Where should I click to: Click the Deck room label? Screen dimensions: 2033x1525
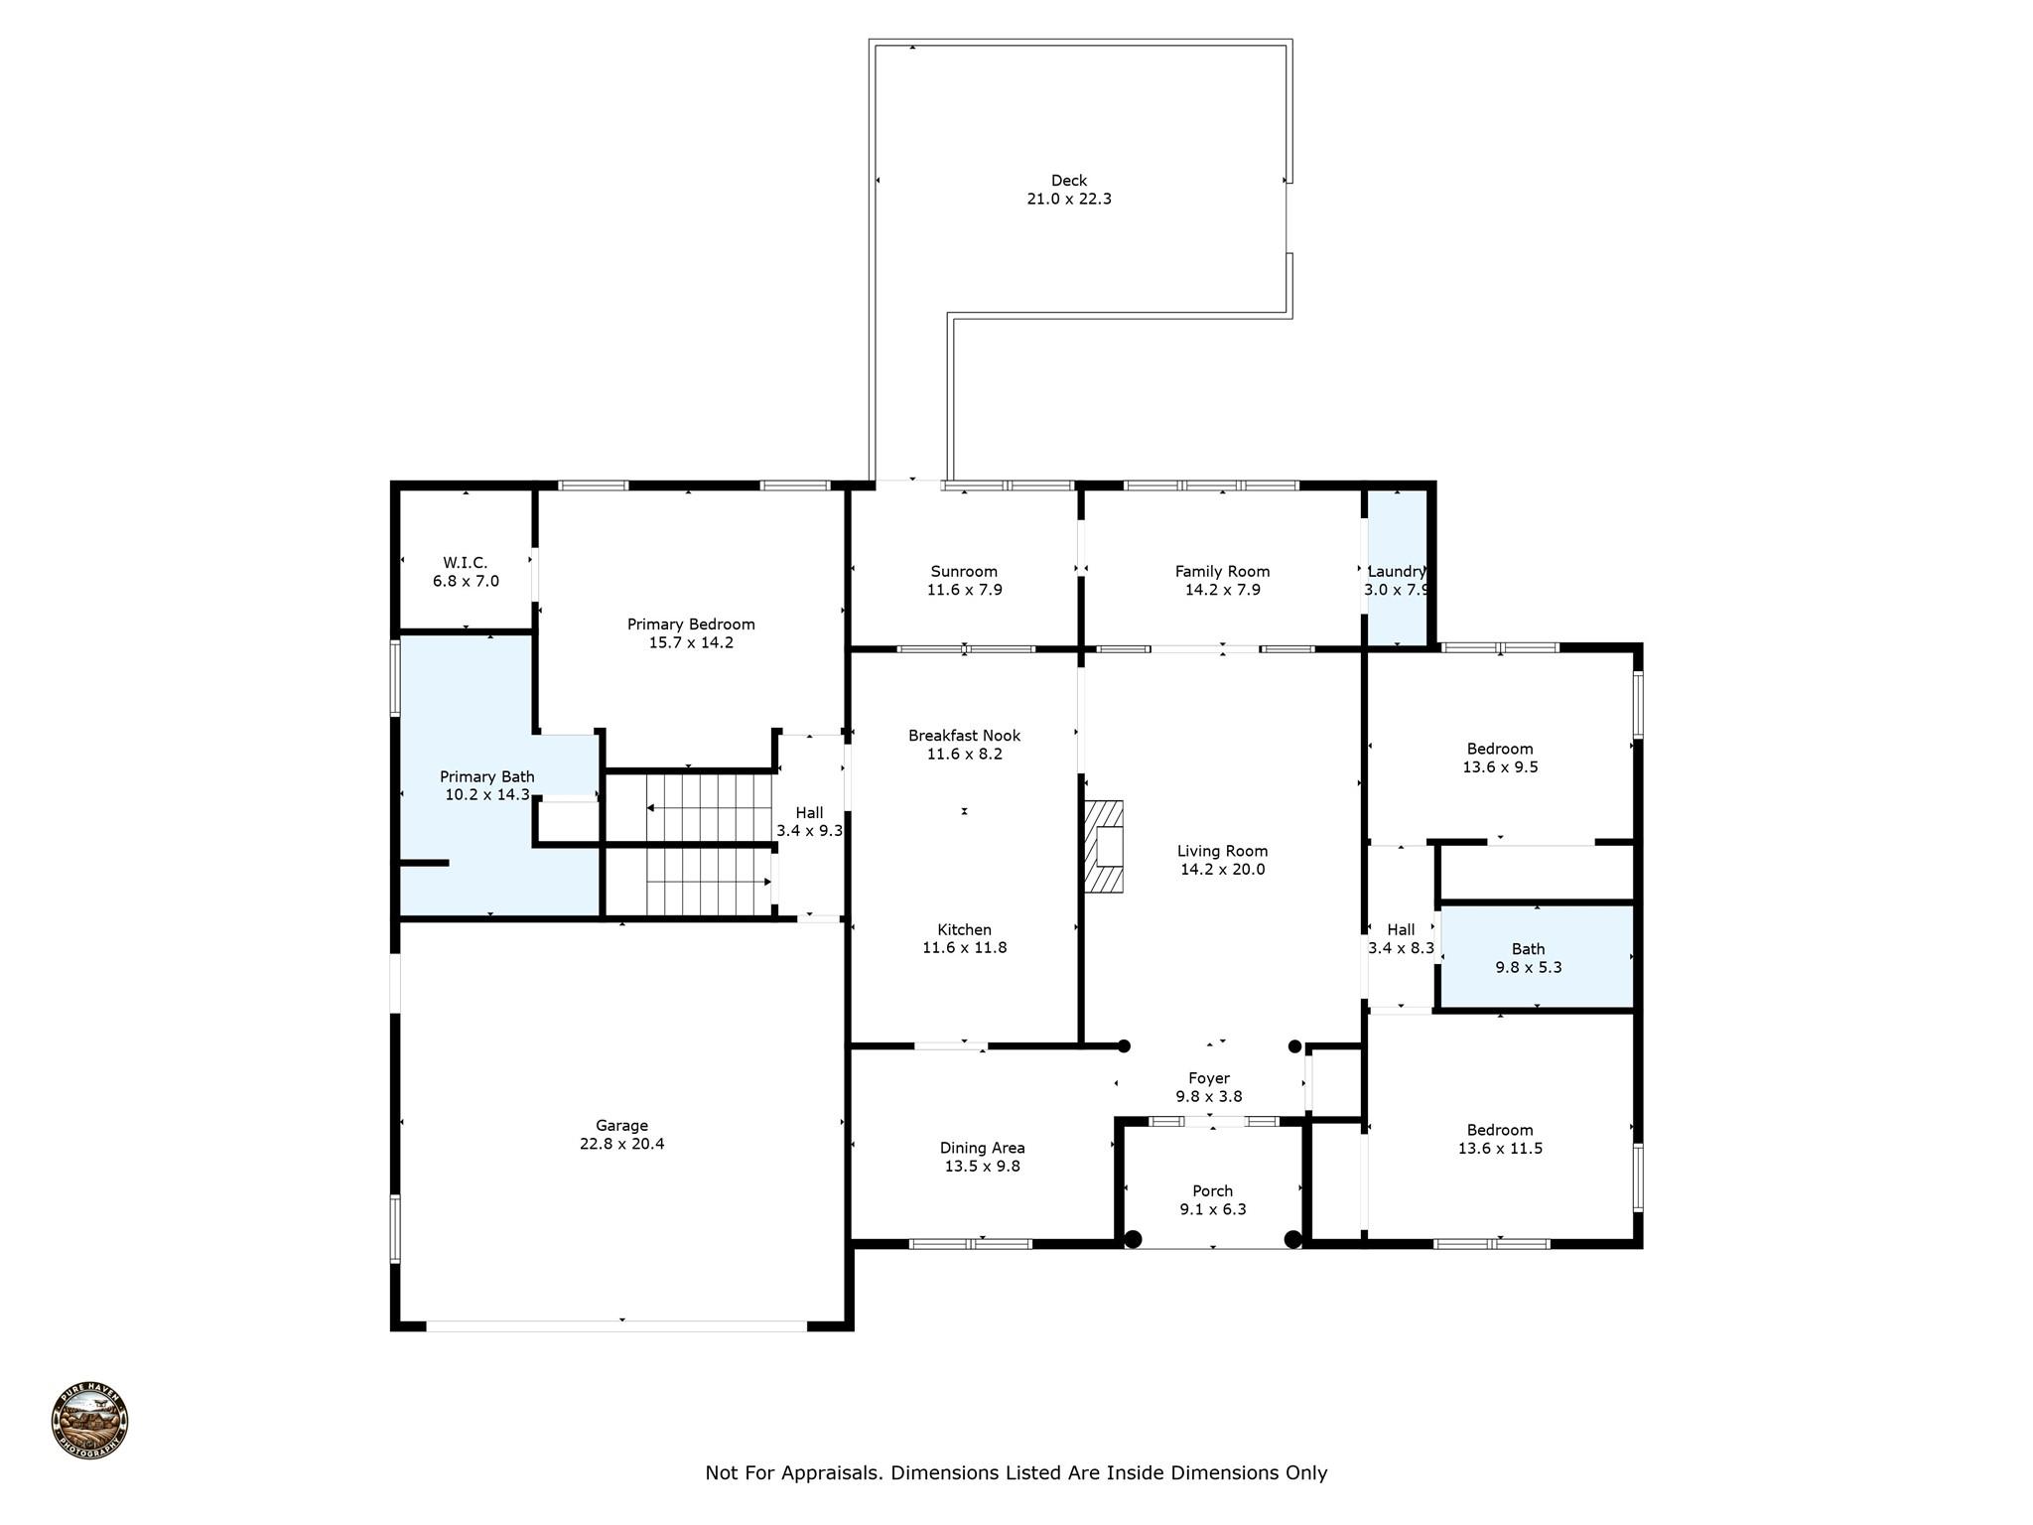(1069, 181)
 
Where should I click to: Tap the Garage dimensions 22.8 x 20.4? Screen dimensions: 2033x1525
(622, 1144)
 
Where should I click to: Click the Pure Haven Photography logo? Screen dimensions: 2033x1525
(89, 1421)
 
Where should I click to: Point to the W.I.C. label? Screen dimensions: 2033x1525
(466, 563)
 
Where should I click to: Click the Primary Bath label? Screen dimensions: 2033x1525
(487, 777)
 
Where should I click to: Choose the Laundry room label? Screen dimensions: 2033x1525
(1397, 572)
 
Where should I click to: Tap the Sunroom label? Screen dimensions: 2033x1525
(964, 572)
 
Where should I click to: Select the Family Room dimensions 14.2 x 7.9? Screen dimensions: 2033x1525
(1223, 590)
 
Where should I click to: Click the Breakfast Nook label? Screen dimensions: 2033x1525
(965, 736)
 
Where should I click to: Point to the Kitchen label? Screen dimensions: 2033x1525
(965, 930)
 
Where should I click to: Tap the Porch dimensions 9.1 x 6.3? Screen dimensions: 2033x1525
(1213, 1209)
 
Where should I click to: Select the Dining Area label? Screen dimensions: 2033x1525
(983, 1149)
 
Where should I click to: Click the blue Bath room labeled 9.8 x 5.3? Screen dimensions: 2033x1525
(1537, 957)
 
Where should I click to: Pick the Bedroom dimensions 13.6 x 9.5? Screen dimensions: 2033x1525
(1501, 767)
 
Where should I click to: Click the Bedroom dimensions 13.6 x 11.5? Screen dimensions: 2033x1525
(1501, 1149)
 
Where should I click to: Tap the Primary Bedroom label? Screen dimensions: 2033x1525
(691, 624)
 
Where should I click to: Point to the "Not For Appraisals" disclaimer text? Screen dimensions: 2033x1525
(1016, 1473)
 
